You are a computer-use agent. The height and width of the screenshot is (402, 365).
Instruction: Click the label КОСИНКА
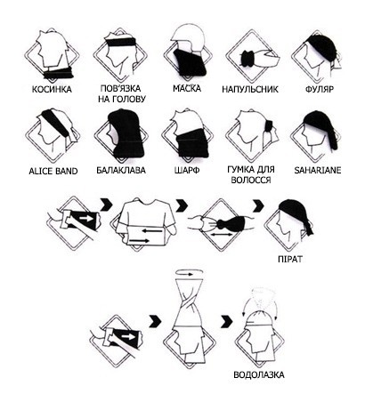click(52, 89)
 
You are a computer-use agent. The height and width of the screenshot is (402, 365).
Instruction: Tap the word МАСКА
click(187, 88)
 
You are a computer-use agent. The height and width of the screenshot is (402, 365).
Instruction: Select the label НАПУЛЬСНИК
click(250, 89)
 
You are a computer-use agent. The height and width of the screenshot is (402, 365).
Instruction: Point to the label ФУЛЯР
click(320, 89)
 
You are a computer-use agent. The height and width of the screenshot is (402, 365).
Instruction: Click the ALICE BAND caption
click(53, 171)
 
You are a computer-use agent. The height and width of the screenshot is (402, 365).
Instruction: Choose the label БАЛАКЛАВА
click(121, 171)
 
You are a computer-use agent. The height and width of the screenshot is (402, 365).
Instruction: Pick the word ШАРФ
click(187, 171)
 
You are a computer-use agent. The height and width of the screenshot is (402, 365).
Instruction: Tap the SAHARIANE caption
click(318, 170)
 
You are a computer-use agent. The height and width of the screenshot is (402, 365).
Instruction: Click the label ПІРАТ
click(290, 259)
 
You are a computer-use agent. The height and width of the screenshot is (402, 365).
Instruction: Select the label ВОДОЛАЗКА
click(259, 374)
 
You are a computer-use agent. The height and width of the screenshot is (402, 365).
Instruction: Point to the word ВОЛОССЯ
click(251, 180)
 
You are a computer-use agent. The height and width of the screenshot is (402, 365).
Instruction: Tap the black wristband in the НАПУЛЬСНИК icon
click(248, 59)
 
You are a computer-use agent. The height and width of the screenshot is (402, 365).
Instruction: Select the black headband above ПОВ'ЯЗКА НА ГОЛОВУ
click(121, 41)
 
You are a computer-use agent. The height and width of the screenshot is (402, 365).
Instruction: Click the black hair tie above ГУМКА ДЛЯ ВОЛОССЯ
click(269, 125)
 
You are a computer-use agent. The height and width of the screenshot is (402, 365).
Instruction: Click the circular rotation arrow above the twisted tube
click(190, 273)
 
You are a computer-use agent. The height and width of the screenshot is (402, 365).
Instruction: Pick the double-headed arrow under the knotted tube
click(222, 235)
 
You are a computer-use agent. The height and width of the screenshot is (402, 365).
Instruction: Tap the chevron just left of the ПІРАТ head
click(258, 205)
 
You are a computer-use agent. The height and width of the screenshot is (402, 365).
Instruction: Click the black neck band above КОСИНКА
click(59, 73)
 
